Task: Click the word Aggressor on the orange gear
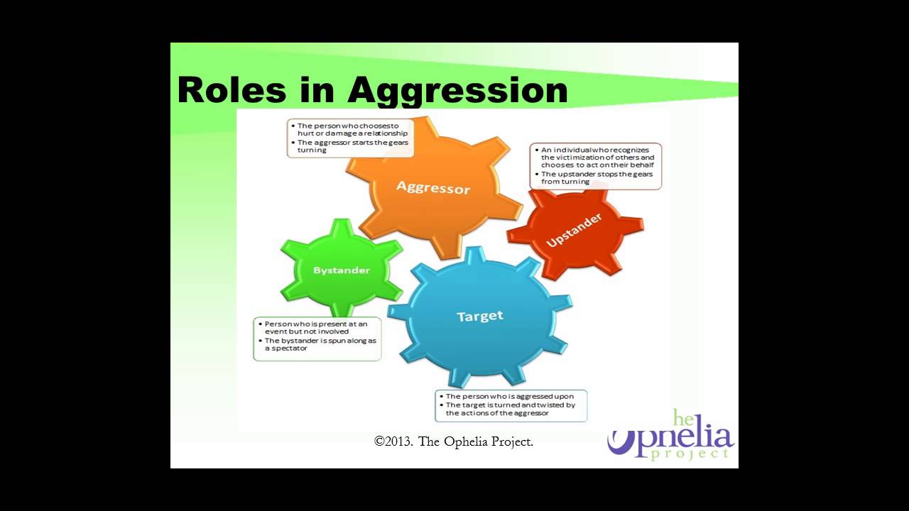pos(433,188)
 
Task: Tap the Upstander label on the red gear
pos(574,230)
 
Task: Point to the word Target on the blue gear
pos(480,316)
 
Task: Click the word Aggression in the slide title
pos(458,91)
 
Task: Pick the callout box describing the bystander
pos(317,339)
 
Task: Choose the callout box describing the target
pos(511,405)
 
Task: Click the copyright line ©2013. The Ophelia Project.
pos(454,441)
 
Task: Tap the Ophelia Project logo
pos(670,436)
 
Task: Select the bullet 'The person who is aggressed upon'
pos(509,396)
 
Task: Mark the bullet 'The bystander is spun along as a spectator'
pos(320,344)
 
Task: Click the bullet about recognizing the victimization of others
pos(597,157)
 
